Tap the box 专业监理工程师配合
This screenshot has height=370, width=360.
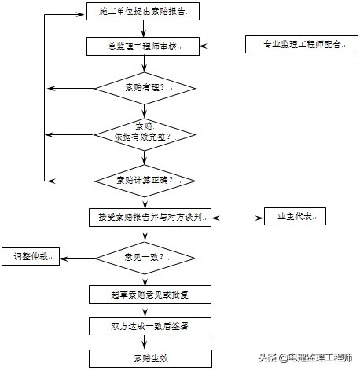pyautogui.click(x=295, y=45)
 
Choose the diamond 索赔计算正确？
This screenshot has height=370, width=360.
pyautogui.click(x=145, y=180)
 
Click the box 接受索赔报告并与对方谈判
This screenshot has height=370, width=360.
pyautogui.click(x=149, y=218)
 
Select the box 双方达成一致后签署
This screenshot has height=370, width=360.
pyautogui.click(x=149, y=326)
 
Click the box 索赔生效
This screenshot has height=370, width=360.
pyautogui.click(x=149, y=357)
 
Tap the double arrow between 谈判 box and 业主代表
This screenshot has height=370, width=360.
pyautogui.click(x=239, y=218)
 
